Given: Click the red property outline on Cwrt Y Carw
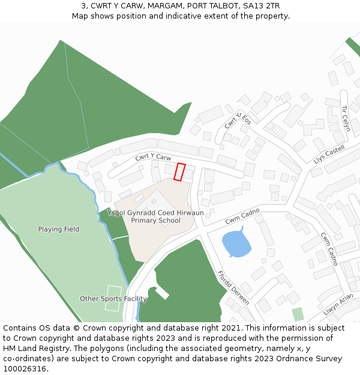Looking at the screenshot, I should click(179, 172).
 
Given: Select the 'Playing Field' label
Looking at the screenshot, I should click(59, 229).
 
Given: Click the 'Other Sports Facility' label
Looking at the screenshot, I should click(113, 299).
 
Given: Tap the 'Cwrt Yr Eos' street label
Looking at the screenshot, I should click(233, 121).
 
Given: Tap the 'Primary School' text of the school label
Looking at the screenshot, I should click(156, 221).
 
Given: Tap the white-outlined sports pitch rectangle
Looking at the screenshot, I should click(113, 298).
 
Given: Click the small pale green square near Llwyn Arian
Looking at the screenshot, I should click(298, 314).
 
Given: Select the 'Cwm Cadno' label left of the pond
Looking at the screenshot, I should click(242, 216).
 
